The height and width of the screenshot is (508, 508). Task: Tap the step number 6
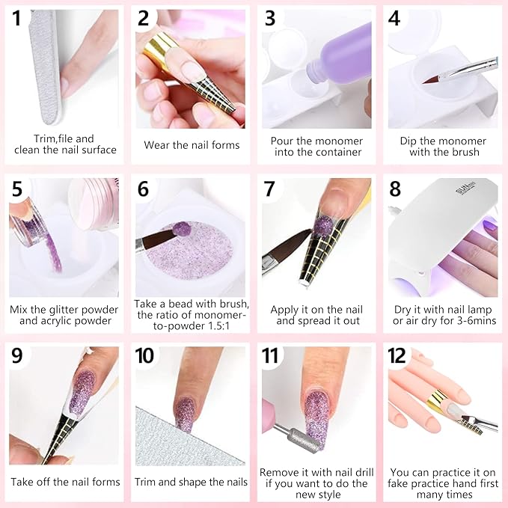(x=143, y=189)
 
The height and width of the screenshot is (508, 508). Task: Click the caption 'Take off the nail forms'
(x=65, y=482)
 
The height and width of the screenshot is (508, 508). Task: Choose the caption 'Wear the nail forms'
(x=191, y=145)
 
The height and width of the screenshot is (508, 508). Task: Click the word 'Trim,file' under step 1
(x=53, y=138)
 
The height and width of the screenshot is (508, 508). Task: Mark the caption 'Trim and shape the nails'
(x=191, y=482)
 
